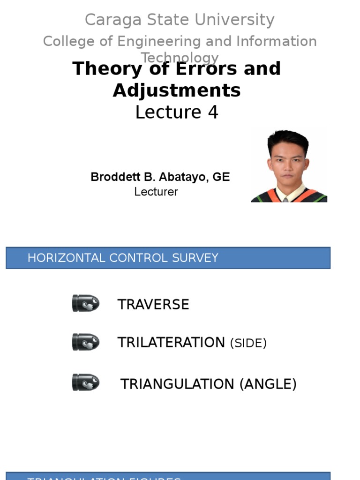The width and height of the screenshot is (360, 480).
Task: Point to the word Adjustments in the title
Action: point(177,90)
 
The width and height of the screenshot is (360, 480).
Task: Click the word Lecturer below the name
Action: point(156,192)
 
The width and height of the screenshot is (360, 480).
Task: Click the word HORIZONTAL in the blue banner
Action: point(67,258)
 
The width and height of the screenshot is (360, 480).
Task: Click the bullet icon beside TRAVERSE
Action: point(86,303)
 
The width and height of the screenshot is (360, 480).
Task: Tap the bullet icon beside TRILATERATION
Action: point(86,342)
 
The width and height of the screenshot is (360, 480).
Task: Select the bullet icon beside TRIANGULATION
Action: point(86,382)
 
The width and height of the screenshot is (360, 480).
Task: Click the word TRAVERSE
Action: point(153,305)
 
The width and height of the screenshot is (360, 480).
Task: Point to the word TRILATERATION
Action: point(171,343)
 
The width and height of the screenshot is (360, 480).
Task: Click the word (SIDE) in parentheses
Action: point(248,344)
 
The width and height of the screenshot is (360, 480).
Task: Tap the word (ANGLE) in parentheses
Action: point(268,384)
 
